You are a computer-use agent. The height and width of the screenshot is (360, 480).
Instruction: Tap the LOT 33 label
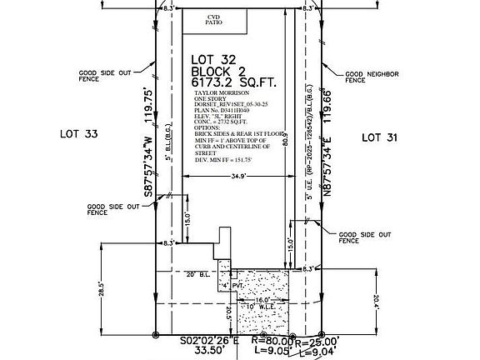79,133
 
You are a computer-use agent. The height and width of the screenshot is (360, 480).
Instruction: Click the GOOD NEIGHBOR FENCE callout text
372,77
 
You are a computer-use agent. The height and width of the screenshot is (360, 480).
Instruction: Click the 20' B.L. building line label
196,274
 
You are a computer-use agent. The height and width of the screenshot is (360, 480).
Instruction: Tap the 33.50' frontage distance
210,352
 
